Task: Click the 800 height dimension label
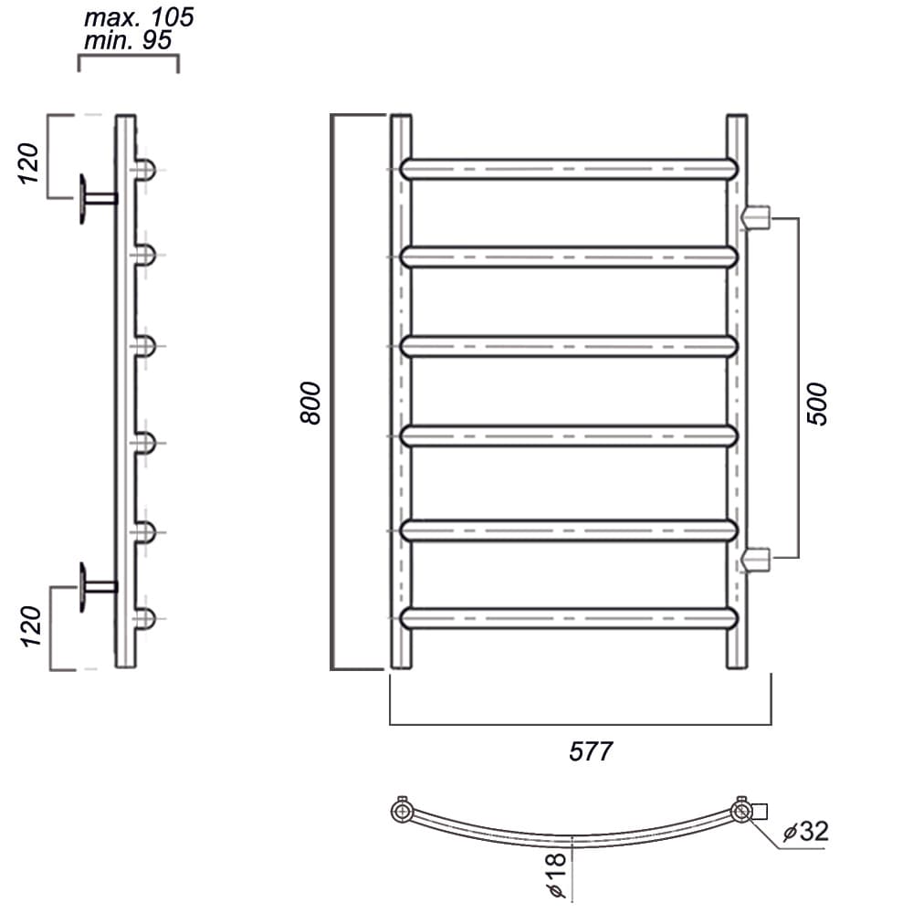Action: (310, 403)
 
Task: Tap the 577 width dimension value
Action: (591, 751)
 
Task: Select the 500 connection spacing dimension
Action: (817, 404)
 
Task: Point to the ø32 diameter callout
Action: (806, 831)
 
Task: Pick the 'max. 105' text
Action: (139, 17)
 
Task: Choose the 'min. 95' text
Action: (128, 40)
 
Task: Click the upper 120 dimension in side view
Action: (28, 163)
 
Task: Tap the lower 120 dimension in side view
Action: (31, 626)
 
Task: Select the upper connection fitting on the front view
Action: (756, 217)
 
